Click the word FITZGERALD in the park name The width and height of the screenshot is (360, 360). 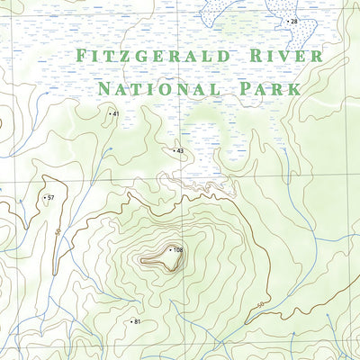pyautogui.click(x=150, y=57)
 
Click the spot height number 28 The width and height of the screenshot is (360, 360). pyautogui.click(x=292, y=20)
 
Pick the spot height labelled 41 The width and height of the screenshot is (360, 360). pyautogui.click(x=114, y=113)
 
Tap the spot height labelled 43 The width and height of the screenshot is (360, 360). pyautogui.click(x=180, y=150)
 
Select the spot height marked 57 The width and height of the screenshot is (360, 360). pyautogui.click(x=50, y=197)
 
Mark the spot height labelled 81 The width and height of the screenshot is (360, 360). pyautogui.click(x=137, y=321)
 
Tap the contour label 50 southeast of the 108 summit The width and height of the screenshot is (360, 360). pyautogui.click(x=260, y=306)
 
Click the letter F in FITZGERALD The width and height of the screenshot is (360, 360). pyautogui.click(x=82, y=57)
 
